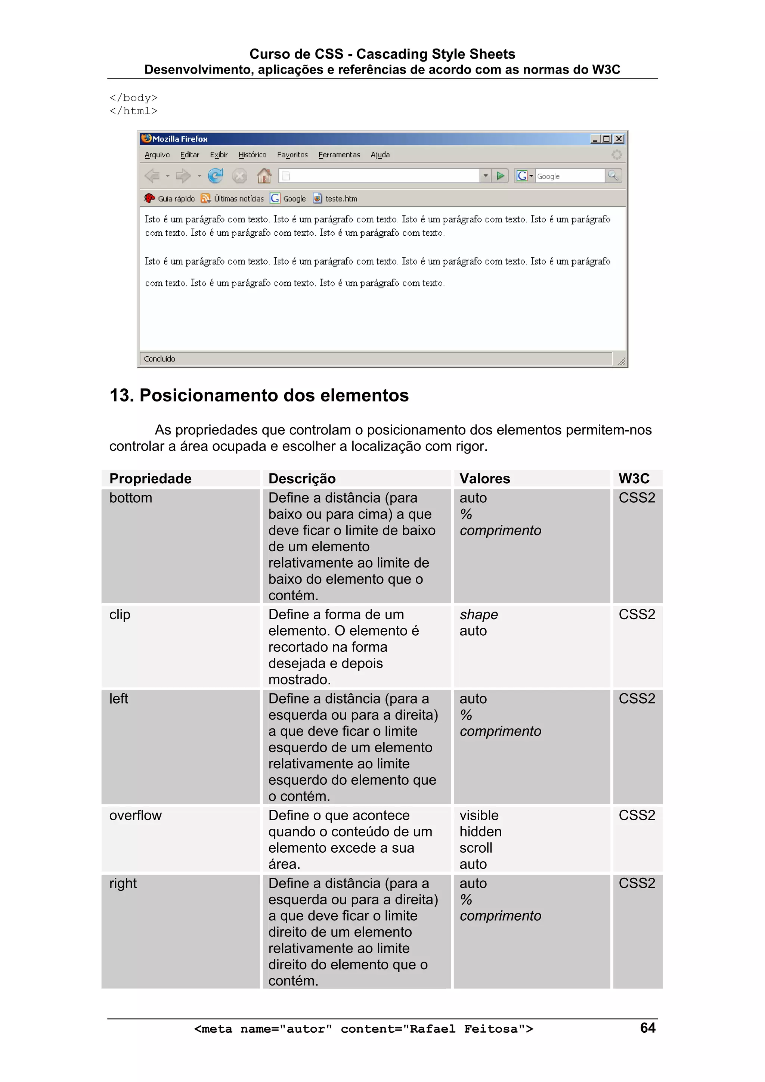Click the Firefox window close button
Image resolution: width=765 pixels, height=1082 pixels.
619,139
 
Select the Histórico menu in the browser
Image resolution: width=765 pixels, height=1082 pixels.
252,155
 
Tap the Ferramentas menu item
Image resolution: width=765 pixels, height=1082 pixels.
339,155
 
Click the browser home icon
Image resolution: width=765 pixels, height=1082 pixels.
264,176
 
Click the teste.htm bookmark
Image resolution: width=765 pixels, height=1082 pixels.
341,199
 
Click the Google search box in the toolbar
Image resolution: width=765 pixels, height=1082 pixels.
569,176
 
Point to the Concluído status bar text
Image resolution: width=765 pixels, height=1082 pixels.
159,359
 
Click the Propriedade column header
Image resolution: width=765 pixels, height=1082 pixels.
151,479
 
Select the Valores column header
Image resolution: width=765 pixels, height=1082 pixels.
484,479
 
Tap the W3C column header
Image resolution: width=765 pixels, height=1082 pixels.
634,479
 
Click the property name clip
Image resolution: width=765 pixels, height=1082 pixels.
120,614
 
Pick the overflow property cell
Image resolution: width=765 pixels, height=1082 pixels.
135,815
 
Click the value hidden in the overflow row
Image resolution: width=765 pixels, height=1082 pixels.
480,832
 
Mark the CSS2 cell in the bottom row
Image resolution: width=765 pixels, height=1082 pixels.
637,498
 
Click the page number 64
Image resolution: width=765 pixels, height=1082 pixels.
648,1028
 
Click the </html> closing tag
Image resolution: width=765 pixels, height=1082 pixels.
133,111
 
